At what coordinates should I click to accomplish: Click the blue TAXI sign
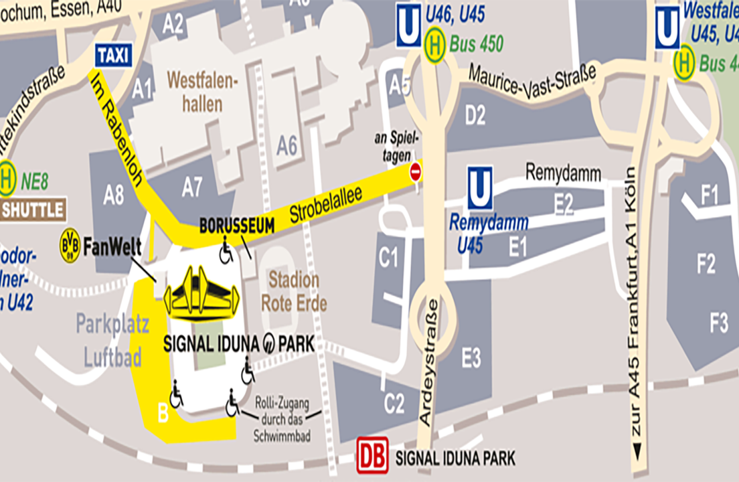(114, 56)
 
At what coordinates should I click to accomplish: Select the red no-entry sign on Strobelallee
(416, 171)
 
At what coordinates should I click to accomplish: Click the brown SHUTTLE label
(33, 210)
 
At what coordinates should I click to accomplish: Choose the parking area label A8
(114, 195)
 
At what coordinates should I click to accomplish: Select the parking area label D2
(475, 116)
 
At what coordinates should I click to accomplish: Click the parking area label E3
(471, 359)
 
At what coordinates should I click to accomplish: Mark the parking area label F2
(706, 265)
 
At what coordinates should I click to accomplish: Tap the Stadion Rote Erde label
(294, 291)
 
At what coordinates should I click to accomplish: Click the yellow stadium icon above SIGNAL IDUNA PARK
(201, 292)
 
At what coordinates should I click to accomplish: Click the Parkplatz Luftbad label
(108, 340)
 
